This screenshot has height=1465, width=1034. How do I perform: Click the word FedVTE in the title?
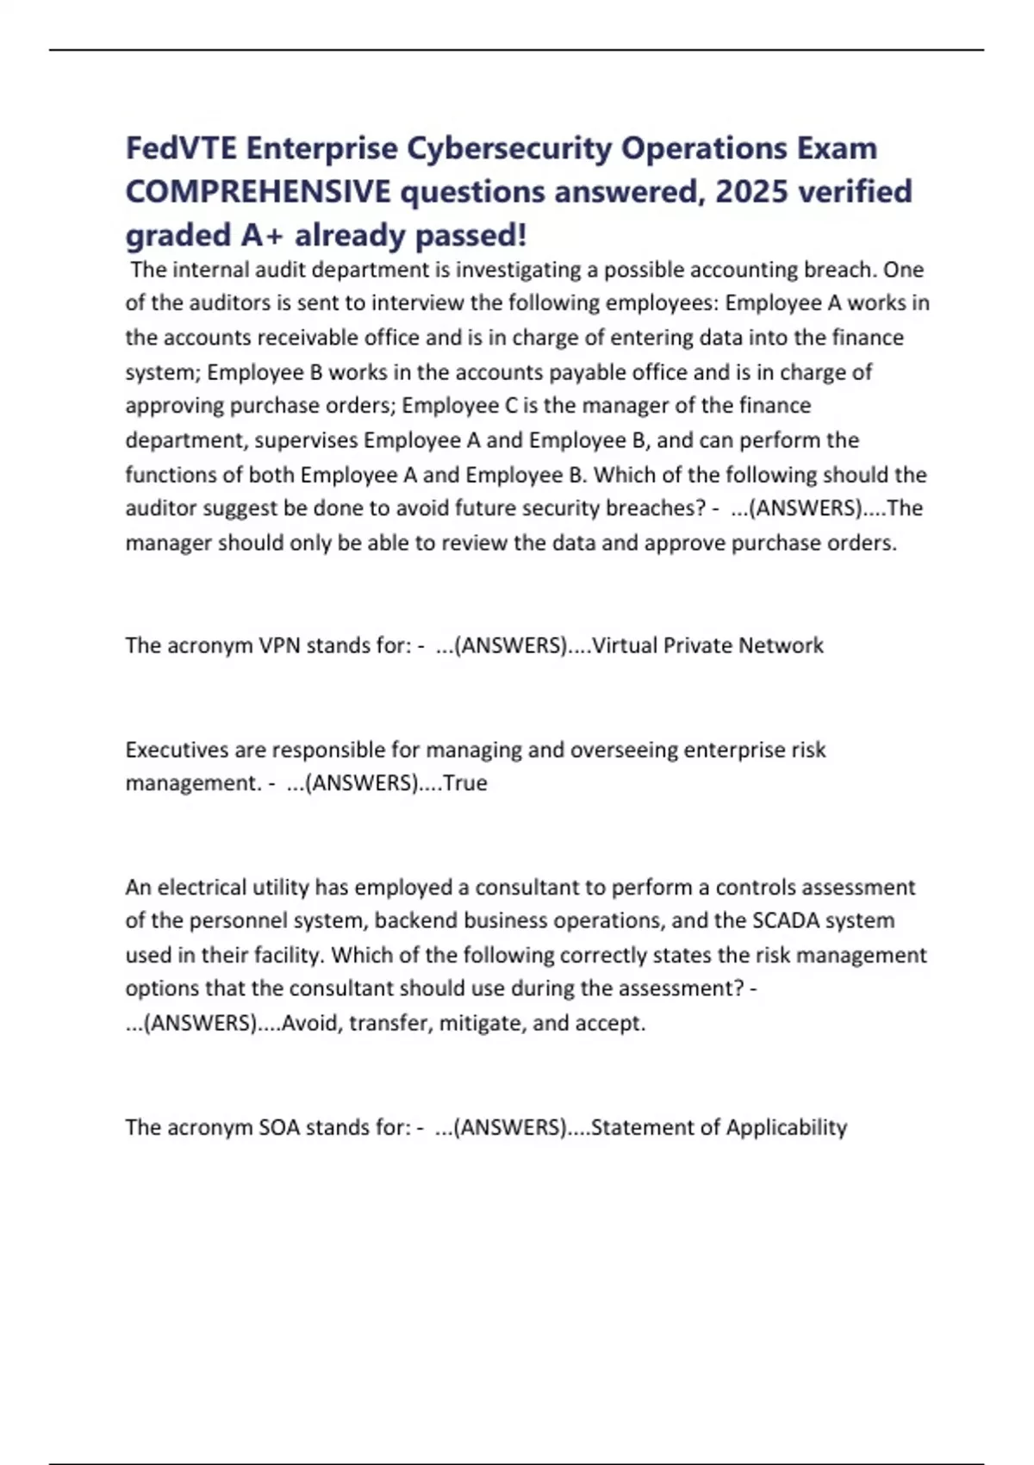181,148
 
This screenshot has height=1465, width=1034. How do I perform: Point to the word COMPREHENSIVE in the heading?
258,191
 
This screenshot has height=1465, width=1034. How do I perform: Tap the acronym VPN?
279,645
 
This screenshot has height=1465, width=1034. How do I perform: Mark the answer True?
465,783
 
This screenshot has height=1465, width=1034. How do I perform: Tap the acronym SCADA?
785,921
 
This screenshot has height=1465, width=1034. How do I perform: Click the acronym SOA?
279,1128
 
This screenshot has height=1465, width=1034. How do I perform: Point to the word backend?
415,921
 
